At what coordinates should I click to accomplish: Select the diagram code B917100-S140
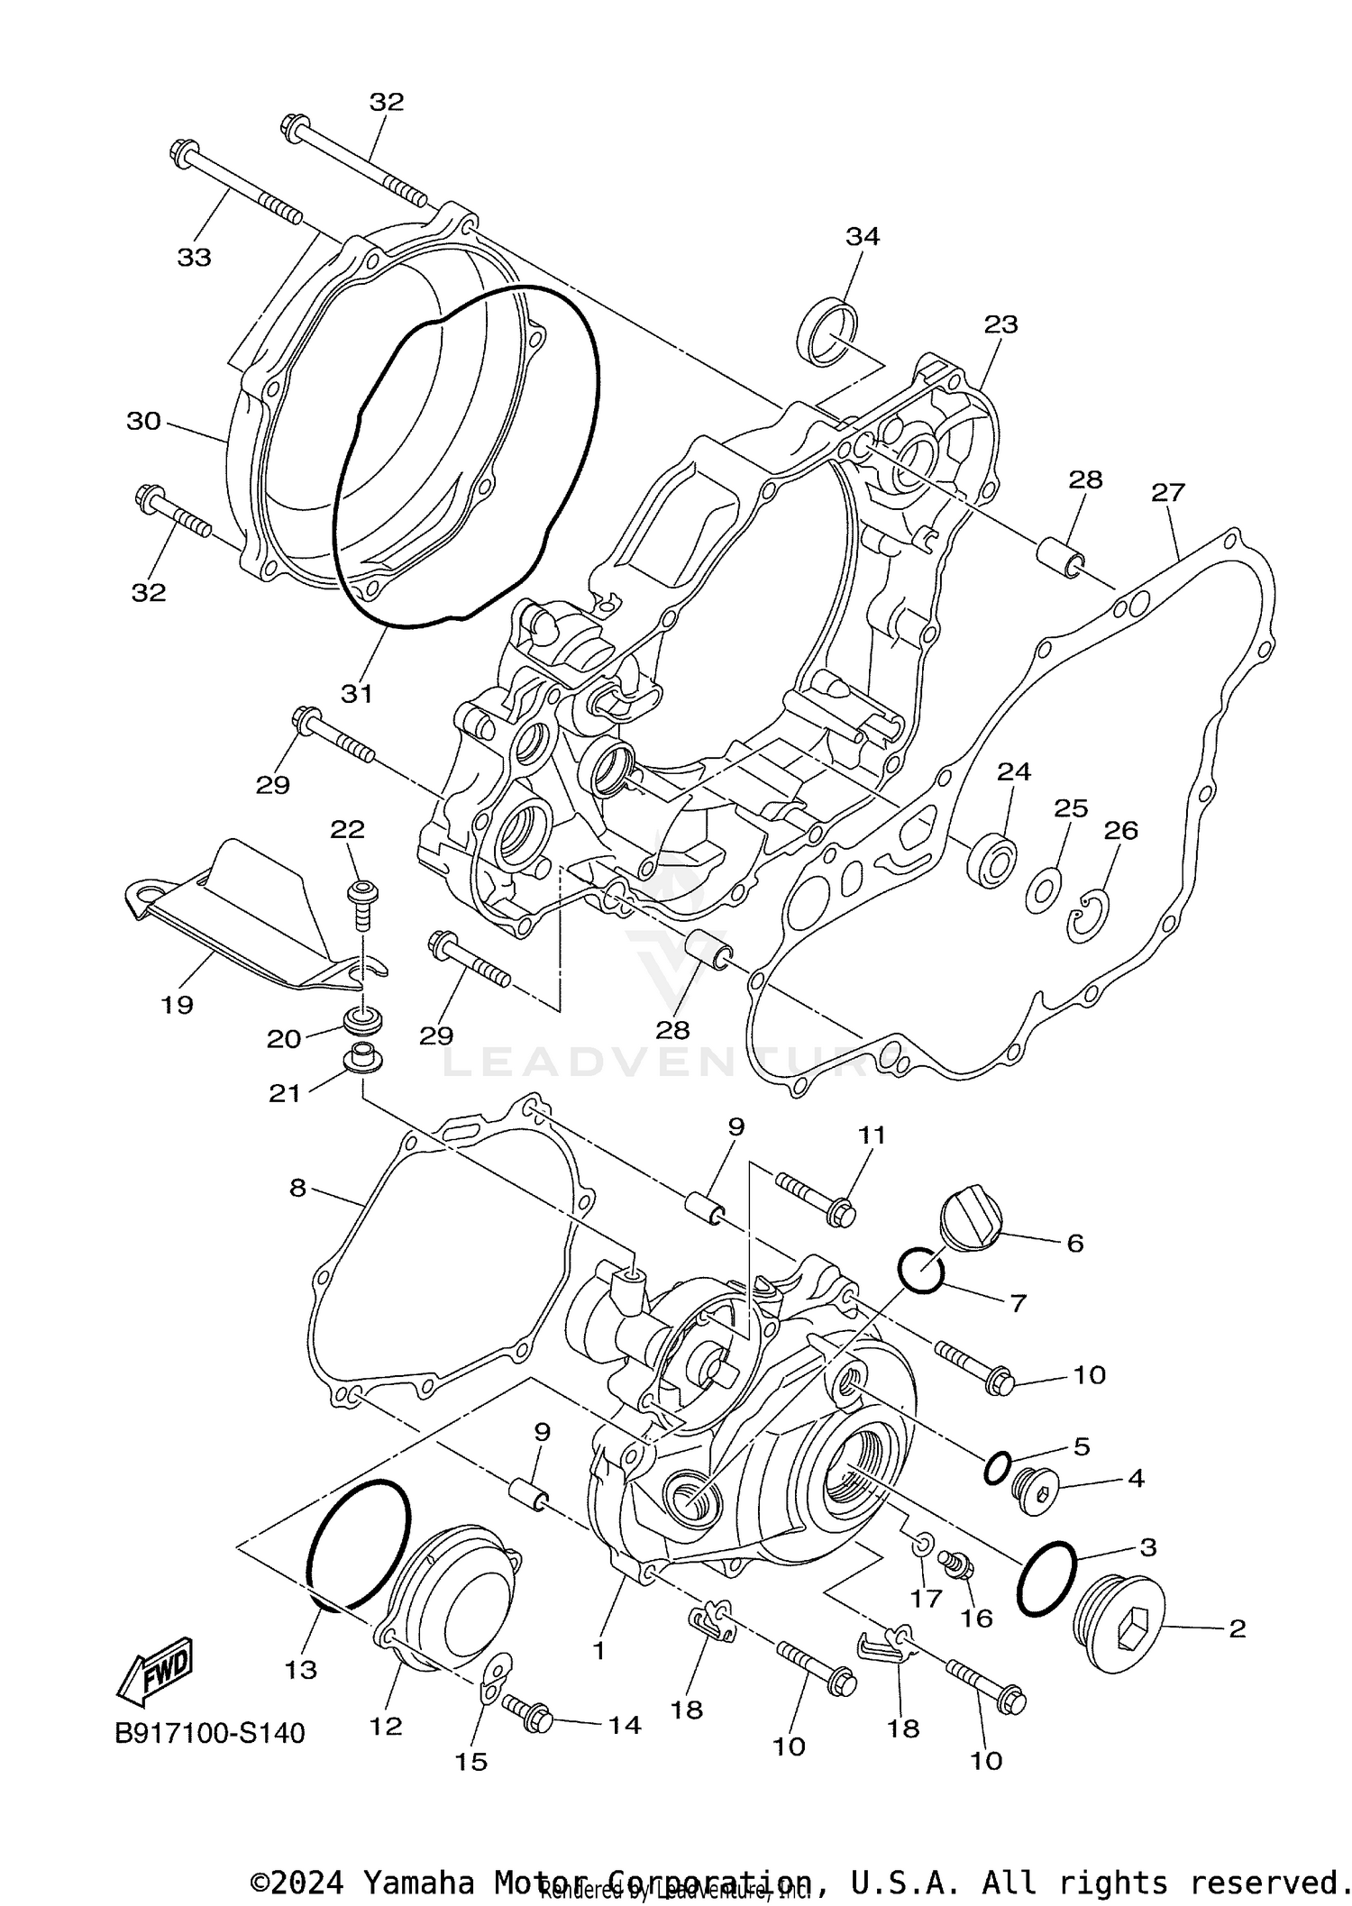point(210,1733)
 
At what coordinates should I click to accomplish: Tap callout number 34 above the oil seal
point(862,237)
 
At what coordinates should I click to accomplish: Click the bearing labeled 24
point(991,856)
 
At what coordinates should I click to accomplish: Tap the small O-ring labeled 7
point(921,1271)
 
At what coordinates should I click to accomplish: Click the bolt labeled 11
point(816,1199)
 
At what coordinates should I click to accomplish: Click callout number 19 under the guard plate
point(178,1004)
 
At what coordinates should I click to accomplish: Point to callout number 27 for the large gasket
point(1167,493)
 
